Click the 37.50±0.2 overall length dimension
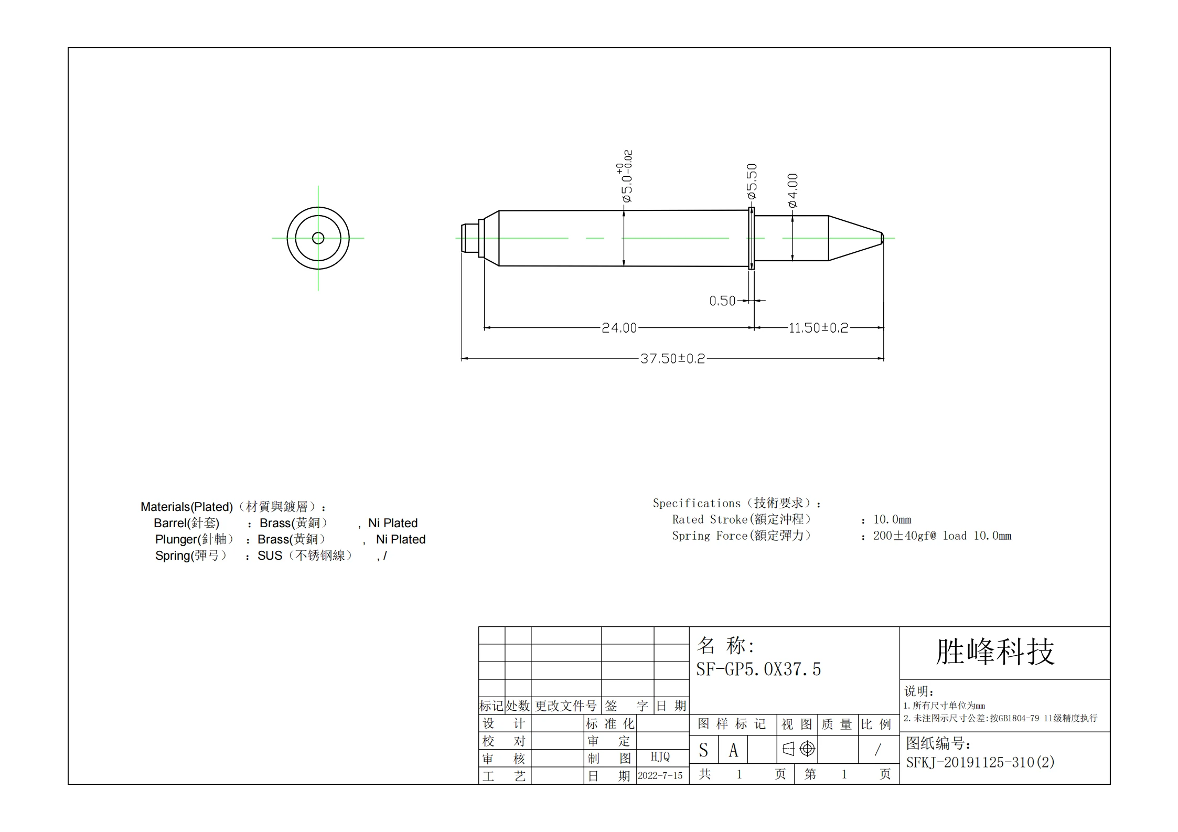click(x=672, y=359)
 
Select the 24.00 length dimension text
click(x=619, y=328)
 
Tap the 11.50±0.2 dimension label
click(x=818, y=328)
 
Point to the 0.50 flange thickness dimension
click(x=722, y=301)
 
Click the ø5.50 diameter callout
click(x=752, y=182)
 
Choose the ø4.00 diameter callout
click(x=793, y=190)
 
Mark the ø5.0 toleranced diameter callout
click(x=625, y=176)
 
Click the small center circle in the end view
click(x=318, y=238)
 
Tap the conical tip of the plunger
click(x=856, y=238)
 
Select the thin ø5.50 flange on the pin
click(x=751, y=238)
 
